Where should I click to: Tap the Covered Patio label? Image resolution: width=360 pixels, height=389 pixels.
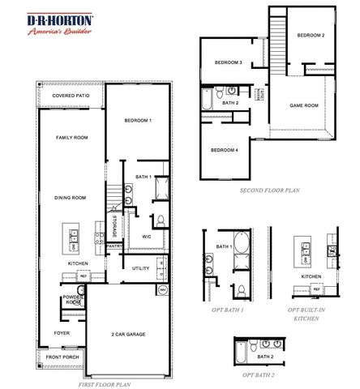tap(71, 96)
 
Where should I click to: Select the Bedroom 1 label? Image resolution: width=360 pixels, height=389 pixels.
tap(138, 121)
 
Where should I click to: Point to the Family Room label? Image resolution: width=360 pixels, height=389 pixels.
tap(71, 139)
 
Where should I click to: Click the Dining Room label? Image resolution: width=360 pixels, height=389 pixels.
tap(71, 198)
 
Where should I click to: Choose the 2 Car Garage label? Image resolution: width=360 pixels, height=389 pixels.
tap(128, 334)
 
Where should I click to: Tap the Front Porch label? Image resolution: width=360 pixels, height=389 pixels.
tap(62, 357)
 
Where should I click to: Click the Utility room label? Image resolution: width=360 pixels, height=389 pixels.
tap(141, 267)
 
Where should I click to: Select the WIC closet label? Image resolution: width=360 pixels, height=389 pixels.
tap(148, 237)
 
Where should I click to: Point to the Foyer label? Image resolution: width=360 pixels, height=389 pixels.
tap(62, 333)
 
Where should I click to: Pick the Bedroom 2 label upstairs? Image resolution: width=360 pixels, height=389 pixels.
tap(311, 36)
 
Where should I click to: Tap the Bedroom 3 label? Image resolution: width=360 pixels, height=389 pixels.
tap(229, 62)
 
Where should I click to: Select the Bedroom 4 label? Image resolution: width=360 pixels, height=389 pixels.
tap(225, 150)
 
